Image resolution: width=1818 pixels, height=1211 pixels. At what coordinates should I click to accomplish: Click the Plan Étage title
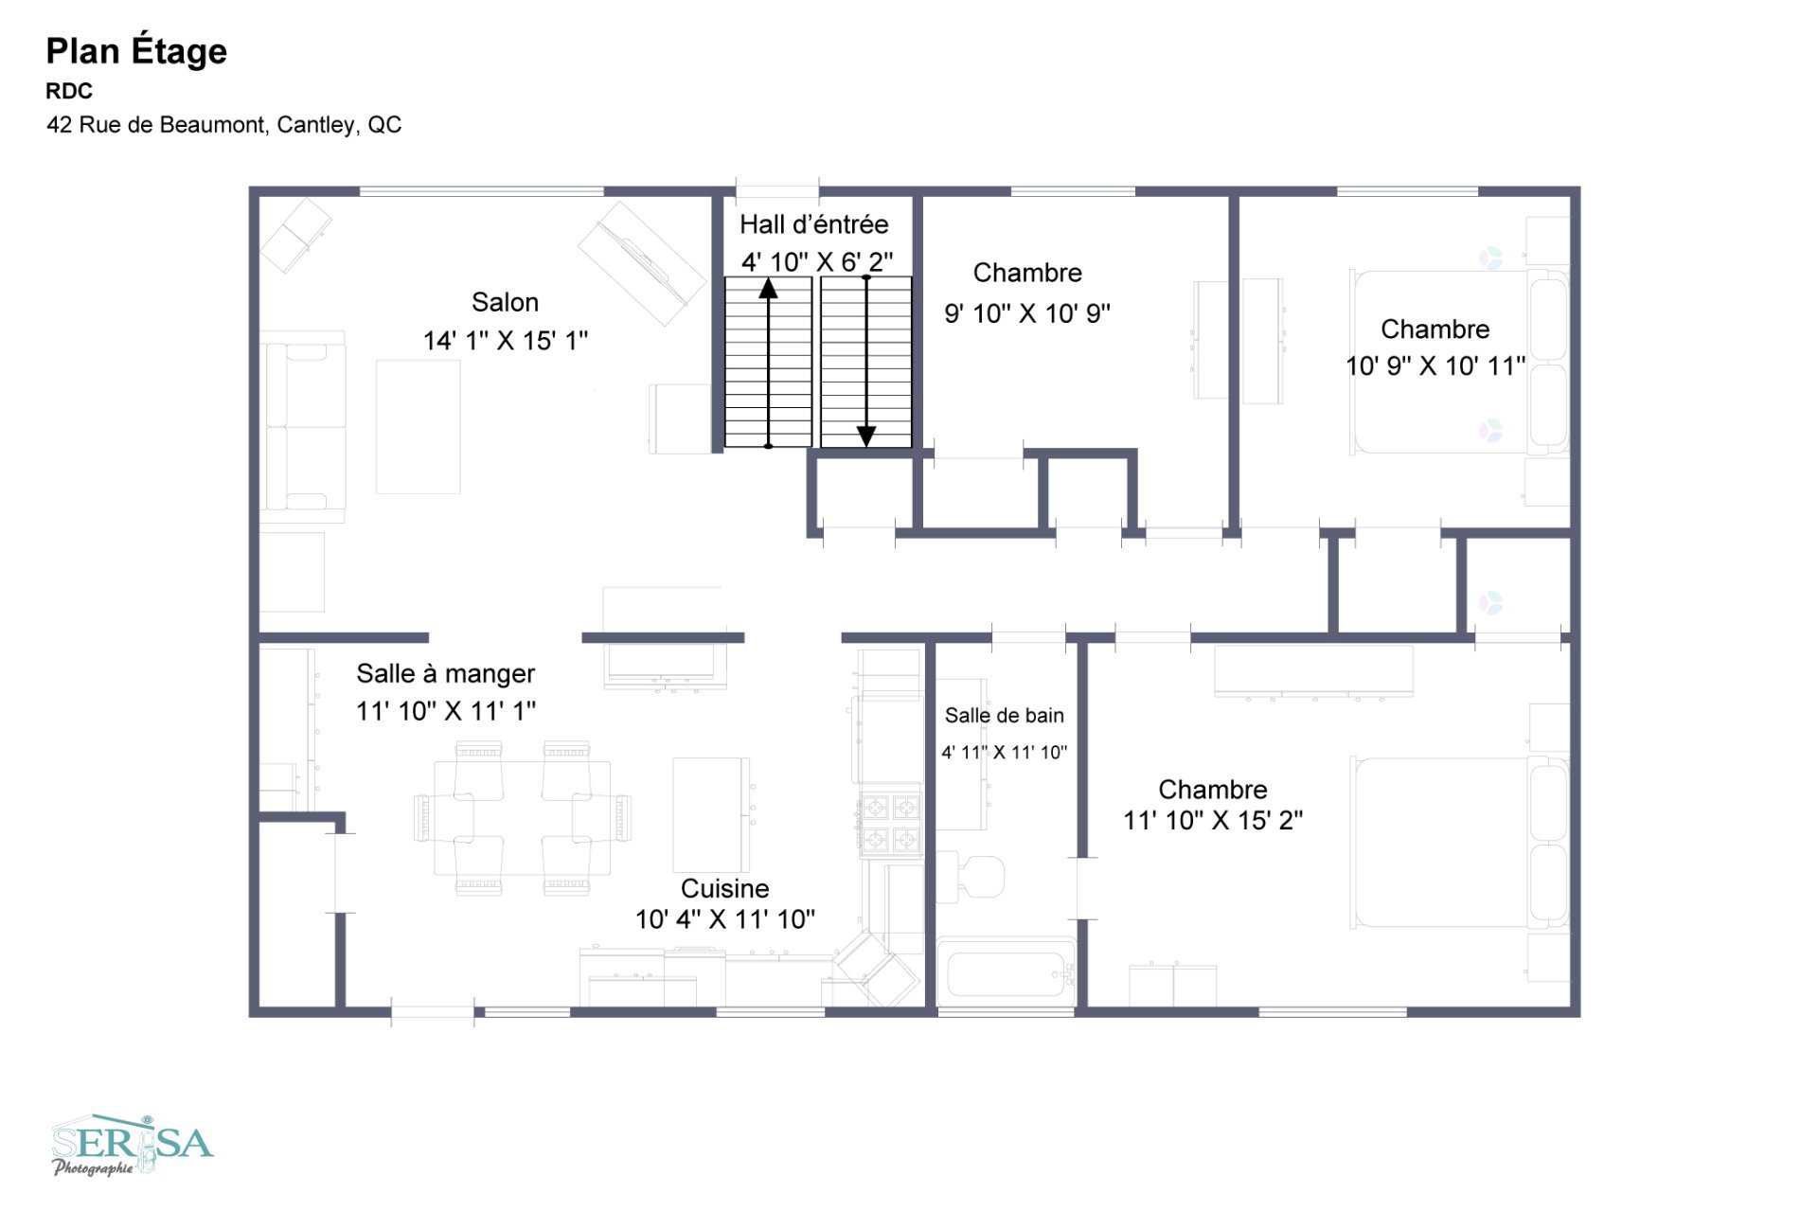[x=136, y=50]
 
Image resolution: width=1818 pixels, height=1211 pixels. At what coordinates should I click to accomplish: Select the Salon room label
[x=505, y=302]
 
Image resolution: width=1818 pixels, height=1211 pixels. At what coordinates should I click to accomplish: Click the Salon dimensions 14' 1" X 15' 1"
[x=506, y=340]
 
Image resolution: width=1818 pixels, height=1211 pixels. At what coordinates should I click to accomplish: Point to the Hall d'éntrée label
[x=814, y=224]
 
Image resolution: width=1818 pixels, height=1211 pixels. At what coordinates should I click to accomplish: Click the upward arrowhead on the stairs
[x=768, y=288]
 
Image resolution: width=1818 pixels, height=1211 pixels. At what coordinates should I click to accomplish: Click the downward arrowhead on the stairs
[x=866, y=436]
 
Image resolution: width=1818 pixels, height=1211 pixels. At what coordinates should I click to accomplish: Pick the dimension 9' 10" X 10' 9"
[x=1027, y=313]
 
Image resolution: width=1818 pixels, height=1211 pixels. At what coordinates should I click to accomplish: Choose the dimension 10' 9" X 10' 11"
[x=1435, y=365]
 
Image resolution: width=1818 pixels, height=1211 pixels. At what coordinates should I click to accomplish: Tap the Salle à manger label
[x=445, y=673]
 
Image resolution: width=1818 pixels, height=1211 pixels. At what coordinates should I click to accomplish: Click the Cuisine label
[x=725, y=888]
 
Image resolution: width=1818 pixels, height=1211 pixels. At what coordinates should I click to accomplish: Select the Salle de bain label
[x=1005, y=716]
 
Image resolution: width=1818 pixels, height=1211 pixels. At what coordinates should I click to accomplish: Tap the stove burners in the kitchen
[x=890, y=823]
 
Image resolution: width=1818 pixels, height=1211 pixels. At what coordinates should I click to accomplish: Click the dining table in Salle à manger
[x=523, y=818]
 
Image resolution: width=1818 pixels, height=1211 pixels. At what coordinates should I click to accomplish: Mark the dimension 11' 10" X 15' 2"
[x=1213, y=820]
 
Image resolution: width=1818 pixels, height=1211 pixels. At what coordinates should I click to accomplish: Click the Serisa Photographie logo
[x=133, y=1145]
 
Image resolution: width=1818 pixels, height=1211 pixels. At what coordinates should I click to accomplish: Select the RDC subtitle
[x=69, y=91]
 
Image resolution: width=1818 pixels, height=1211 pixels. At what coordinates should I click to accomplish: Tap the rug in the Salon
[x=419, y=426]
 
